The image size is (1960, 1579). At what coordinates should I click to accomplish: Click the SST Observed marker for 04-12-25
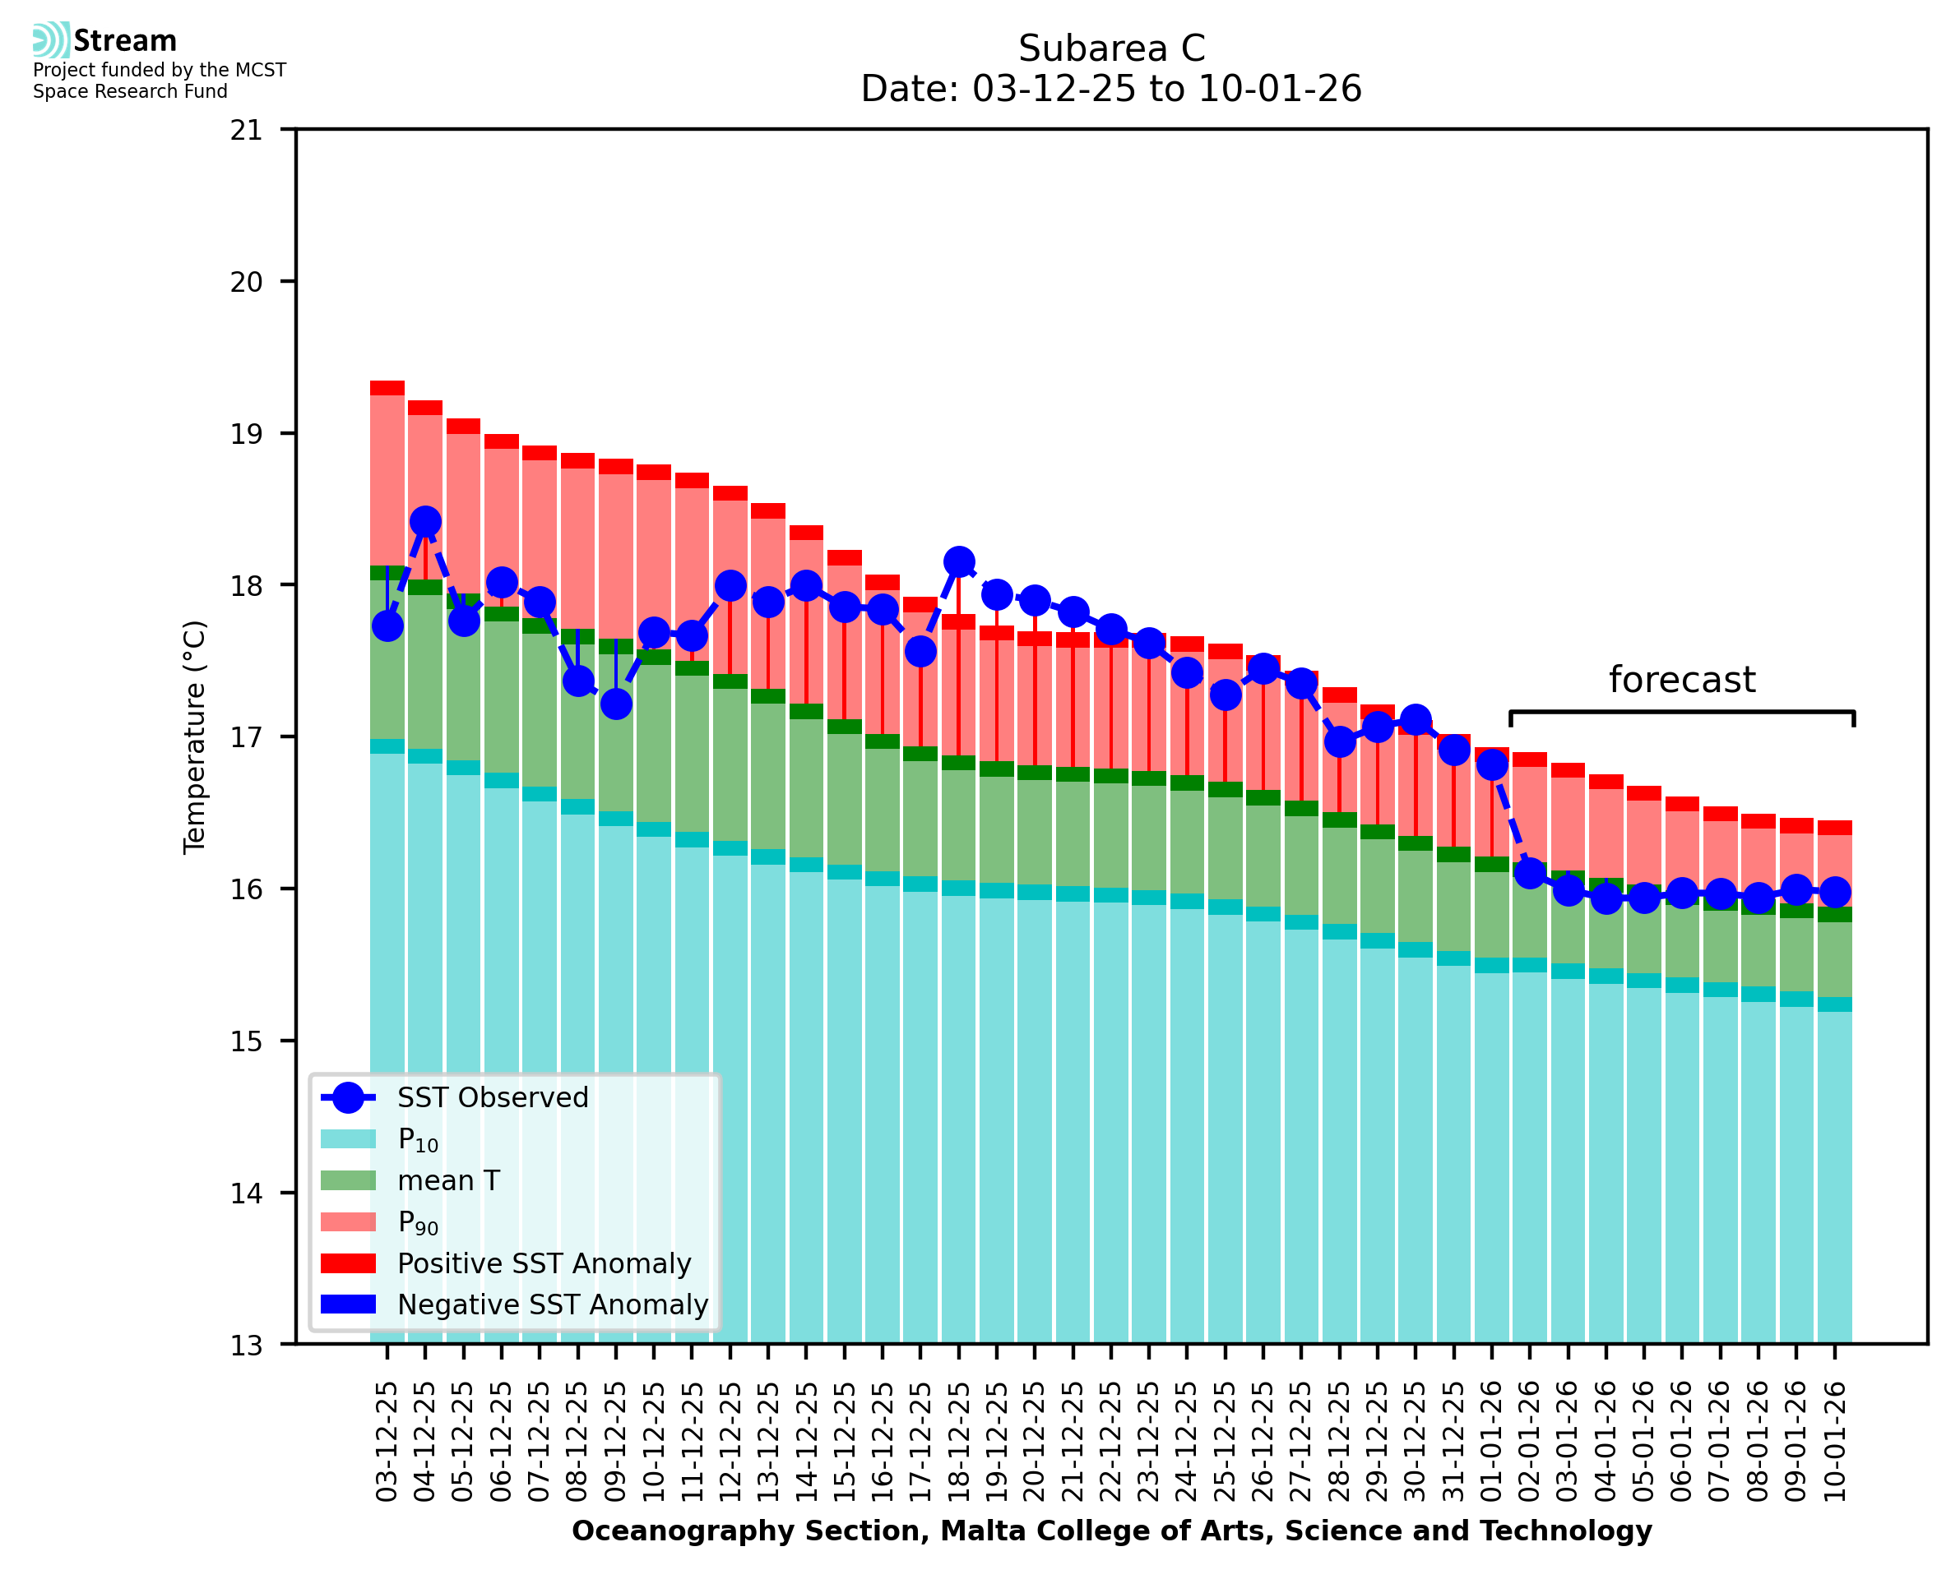tap(425, 521)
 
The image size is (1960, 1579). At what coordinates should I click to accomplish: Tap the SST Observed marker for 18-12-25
tap(958, 562)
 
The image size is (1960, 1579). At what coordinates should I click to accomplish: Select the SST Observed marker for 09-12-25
tap(616, 703)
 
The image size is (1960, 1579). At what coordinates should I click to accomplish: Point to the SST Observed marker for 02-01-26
tap(1530, 873)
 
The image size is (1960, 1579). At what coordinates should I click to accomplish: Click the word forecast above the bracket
tap(1681, 680)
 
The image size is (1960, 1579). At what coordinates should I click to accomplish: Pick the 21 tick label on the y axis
tap(247, 130)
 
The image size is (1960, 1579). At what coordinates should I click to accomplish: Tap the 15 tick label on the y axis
tap(247, 1041)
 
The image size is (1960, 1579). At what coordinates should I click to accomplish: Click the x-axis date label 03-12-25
tap(387, 1441)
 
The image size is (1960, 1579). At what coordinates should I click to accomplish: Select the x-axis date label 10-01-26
tap(1834, 1441)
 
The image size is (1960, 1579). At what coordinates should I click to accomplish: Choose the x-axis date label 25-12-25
tap(1225, 1441)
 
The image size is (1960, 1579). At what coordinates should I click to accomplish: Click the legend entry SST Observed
tap(493, 1098)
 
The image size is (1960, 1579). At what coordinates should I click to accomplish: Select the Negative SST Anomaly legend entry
tap(553, 1304)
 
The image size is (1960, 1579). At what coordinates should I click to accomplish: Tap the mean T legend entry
tap(448, 1180)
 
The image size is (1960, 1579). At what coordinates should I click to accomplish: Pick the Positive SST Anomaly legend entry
tap(544, 1263)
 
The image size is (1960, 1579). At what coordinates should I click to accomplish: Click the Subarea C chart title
tap(1111, 48)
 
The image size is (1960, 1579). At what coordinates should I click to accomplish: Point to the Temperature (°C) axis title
tap(195, 736)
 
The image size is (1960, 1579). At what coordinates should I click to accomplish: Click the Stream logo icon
tap(51, 40)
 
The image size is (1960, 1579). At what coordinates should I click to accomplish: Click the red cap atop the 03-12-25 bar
tap(387, 387)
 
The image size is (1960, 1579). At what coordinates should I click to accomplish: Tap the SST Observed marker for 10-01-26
tap(1834, 891)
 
